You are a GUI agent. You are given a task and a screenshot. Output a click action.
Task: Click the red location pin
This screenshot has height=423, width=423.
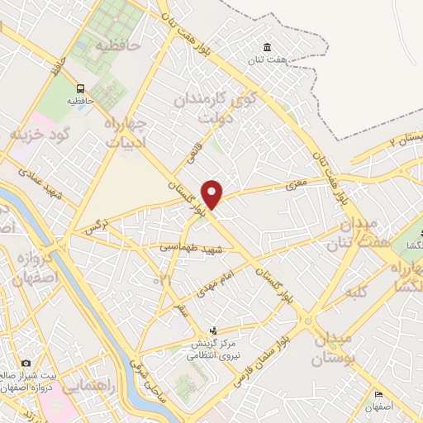[x=213, y=194]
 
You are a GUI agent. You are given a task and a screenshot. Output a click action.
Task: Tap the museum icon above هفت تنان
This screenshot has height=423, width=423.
[x=266, y=46]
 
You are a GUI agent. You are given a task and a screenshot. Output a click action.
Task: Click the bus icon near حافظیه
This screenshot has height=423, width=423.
[x=80, y=88]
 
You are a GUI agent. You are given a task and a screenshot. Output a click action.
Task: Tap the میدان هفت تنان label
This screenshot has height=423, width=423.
[x=358, y=232]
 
